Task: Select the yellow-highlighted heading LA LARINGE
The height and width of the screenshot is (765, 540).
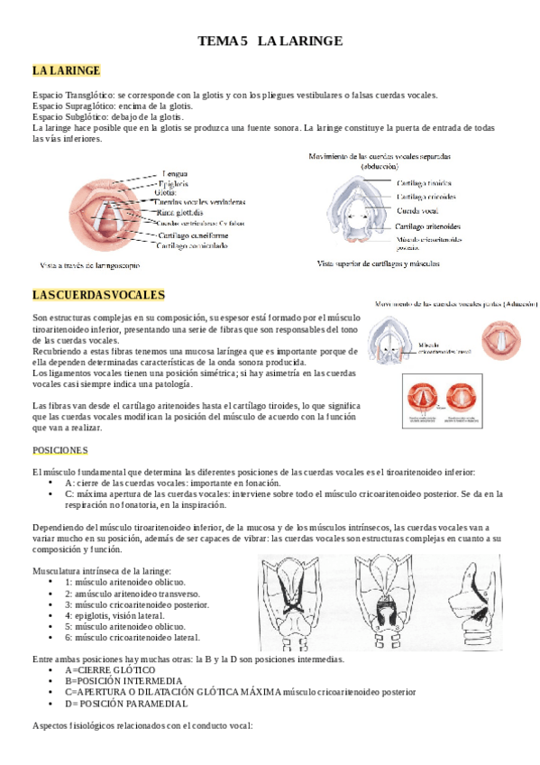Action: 66,71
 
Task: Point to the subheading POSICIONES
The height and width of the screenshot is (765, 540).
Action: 59,449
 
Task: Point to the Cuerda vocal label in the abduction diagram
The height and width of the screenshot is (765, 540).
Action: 417,210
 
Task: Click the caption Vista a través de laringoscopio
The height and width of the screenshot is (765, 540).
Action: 89,266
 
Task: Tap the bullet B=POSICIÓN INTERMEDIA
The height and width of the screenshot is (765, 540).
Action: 122,681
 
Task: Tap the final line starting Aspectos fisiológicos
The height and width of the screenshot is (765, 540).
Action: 142,725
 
